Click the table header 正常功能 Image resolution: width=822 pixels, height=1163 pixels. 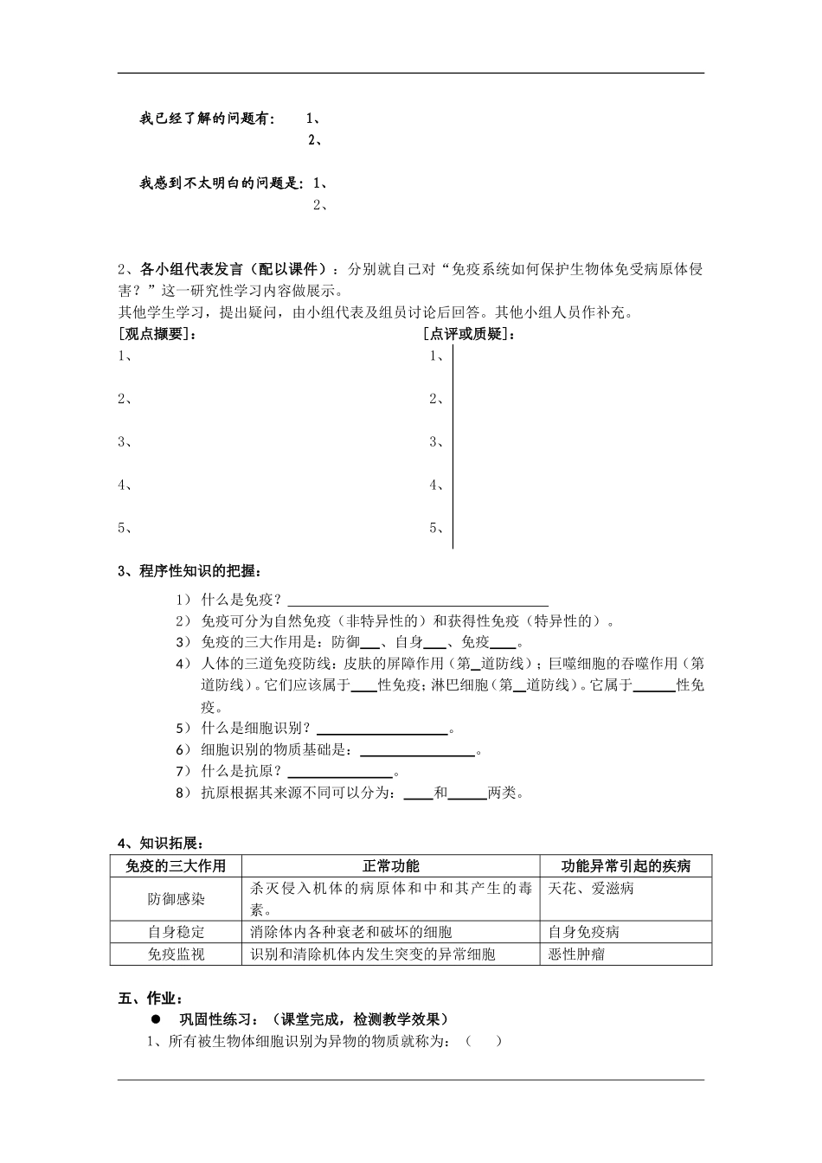pyautogui.click(x=390, y=866)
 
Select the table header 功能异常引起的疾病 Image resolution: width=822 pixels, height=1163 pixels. pyautogui.click(x=626, y=866)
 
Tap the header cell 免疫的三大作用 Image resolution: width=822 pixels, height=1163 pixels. pyautogui.click(x=176, y=866)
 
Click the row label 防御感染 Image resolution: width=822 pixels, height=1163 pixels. pyautogui.click(x=176, y=899)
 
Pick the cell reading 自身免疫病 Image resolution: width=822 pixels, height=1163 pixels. pyautogui.click(x=584, y=932)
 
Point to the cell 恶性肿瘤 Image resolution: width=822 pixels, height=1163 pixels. pyautogui.click(x=577, y=954)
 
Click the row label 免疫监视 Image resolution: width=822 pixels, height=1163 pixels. pyautogui.click(x=176, y=954)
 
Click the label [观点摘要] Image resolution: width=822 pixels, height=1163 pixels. pyautogui.click(x=157, y=334)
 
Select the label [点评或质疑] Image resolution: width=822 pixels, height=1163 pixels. pyautogui.click(x=469, y=334)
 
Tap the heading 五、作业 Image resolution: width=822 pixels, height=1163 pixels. pyautogui.click(x=150, y=998)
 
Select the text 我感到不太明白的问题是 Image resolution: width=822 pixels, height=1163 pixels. pyautogui.click(x=222, y=183)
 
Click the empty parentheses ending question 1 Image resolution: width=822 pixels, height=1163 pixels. pyautogui.click(x=484, y=1041)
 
